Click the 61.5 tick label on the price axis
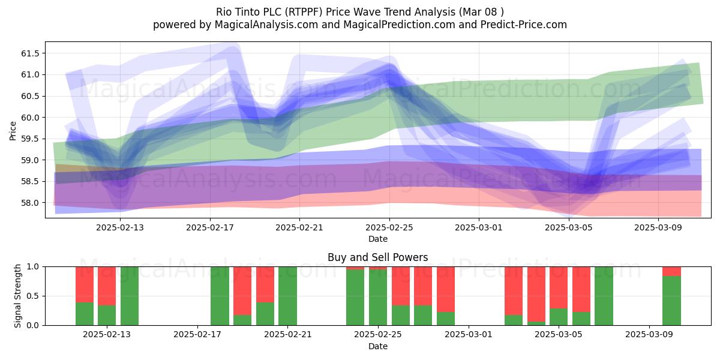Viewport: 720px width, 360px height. pyautogui.click(x=30, y=53)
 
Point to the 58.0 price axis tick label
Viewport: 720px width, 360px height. pyautogui.click(x=30, y=203)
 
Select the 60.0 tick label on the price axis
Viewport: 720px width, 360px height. pyautogui.click(x=30, y=118)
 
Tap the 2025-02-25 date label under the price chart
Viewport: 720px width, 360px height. pyautogui.click(x=389, y=227)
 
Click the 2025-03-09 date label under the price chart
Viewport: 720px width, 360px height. pyautogui.click(x=658, y=227)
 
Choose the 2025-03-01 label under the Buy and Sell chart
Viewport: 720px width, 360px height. pyautogui.click(x=469, y=335)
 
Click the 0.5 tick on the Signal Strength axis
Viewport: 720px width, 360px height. pyautogui.click(x=33, y=296)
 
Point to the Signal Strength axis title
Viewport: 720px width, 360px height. pyautogui.click(x=17, y=296)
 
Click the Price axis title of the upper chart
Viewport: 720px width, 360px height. pyautogui.click(x=13, y=131)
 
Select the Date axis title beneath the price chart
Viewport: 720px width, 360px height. pyautogui.click(x=378, y=239)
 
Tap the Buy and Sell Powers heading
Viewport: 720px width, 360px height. pyautogui.click(x=377, y=257)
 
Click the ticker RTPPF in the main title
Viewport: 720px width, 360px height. pyautogui.click(x=305, y=12)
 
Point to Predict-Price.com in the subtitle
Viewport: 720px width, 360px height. pyautogui.click(x=524, y=25)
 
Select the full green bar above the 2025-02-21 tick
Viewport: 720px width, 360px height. pyautogui.click(x=287, y=296)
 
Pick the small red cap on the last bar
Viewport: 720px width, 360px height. pyautogui.click(x=672, y=271)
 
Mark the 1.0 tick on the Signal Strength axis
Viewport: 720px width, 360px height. pyautogui.click(x=33, y=267)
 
